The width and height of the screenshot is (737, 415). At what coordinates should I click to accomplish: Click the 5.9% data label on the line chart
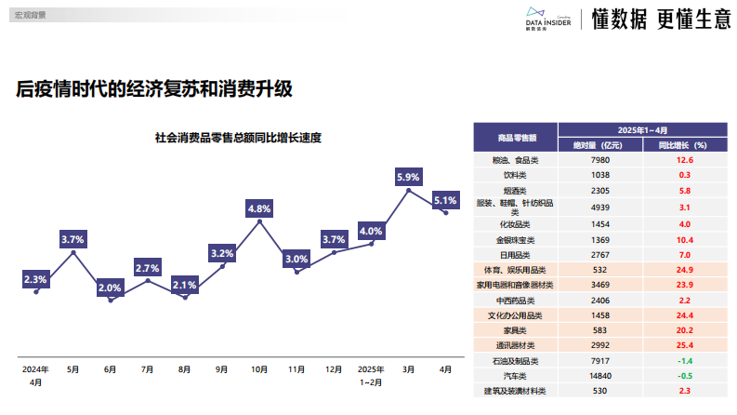click(408, 176)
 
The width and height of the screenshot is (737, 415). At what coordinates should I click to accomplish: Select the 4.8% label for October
click(259, 208)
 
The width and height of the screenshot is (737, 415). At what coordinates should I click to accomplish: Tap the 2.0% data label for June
click(110, 288)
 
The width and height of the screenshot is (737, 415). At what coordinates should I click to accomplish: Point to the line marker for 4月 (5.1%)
click(446, 213)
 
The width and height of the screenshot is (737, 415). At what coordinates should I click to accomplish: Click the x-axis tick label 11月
click(296, 369)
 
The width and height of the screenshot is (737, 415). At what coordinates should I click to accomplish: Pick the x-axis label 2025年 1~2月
click(371, 375)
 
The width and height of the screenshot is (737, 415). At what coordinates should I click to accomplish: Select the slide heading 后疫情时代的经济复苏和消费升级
click(154, 89)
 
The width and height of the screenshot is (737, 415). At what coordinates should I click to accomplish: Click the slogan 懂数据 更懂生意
click(661, 20)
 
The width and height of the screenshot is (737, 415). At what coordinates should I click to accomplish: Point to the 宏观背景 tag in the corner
click(30, 16)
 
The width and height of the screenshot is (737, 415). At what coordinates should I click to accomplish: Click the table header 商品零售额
click(517, 138)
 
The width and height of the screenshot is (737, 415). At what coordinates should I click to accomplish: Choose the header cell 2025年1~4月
click(643, 130)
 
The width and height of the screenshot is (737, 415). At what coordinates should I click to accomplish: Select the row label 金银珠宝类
click(516, 239)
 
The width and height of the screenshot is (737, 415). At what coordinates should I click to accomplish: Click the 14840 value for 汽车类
click(600, 376)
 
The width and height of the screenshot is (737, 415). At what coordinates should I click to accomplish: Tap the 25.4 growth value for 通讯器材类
click(685, 345)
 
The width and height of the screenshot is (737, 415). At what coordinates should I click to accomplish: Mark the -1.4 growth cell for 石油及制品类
click(685, 360)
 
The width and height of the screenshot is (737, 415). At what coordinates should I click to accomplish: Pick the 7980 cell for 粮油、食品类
click(600, 160)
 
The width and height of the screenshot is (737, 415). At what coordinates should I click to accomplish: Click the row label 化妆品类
click(516, 224)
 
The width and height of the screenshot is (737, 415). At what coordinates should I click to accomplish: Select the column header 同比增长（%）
click(685, 145)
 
